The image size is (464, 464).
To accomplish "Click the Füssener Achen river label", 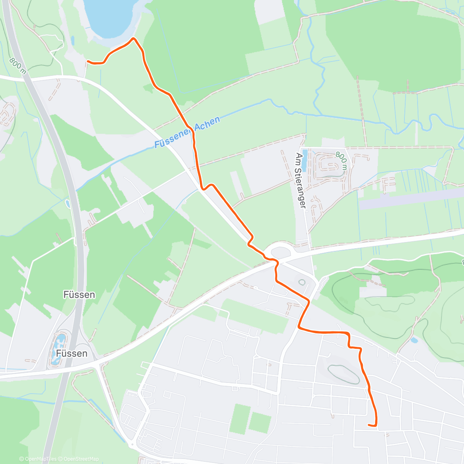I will point(187,132).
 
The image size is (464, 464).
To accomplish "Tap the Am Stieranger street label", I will point(300,181).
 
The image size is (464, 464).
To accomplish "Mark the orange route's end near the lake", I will point(88,61).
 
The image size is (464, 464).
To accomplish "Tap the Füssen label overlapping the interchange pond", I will point(72,353).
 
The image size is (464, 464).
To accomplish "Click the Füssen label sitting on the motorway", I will point(79,295).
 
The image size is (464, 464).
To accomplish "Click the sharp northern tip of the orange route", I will point(134,38).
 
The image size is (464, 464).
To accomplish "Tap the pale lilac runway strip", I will point(410,199).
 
